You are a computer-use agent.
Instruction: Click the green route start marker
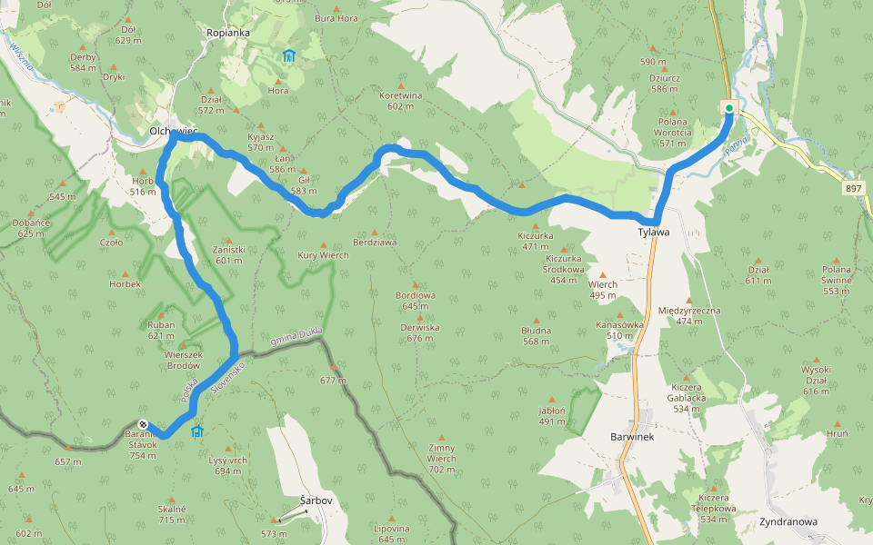729,107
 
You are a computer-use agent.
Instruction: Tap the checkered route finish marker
143,424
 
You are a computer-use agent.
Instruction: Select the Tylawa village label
653,233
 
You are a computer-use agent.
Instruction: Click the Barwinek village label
632,436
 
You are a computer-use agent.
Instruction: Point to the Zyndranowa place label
788,522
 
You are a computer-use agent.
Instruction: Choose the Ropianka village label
227,33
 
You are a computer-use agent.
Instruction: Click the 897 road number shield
852,188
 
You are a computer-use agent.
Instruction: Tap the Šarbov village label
316,500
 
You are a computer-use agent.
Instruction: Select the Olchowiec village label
173,132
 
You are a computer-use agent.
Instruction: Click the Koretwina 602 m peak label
401,100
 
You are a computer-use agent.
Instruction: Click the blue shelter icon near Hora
288,56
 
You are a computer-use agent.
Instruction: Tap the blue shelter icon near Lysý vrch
197,431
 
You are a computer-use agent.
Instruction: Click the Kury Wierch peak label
323,255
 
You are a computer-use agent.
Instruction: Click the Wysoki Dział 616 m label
816,374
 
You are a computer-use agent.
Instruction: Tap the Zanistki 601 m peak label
228,254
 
